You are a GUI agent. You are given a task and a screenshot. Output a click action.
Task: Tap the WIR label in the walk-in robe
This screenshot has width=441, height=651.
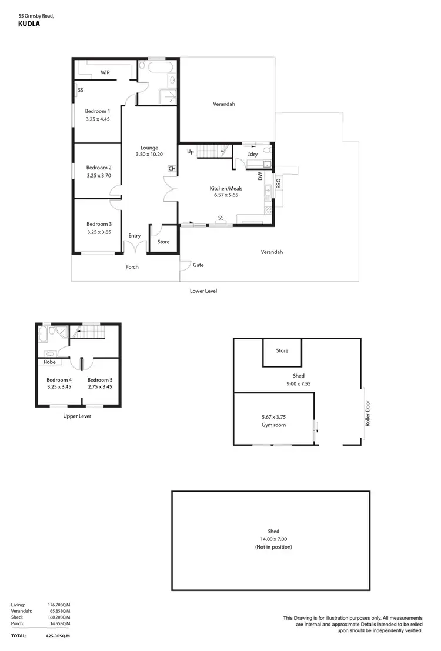(x=105, y=73)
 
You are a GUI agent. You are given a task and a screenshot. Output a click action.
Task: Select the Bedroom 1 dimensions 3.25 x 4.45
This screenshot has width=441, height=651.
(x=98, y=119)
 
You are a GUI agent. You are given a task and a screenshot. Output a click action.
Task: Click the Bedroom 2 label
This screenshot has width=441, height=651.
(x=99, y=168)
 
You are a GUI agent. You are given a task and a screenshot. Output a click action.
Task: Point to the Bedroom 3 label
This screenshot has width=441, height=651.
(x=99, y=224)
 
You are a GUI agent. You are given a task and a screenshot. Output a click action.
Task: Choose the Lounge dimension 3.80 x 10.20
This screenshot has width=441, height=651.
(x=149, y=154)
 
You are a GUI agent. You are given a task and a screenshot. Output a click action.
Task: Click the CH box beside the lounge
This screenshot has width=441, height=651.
(x=172, y=169)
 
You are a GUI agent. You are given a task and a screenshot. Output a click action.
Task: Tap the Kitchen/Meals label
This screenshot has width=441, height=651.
(x=226, y=189)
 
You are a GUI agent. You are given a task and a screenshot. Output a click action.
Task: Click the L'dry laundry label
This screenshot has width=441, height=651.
(x=252, y=154)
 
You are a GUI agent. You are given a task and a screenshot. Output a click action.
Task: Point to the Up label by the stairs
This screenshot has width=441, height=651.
(x=190, y=152)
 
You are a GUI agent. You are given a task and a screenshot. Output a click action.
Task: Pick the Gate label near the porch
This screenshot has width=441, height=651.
(x=198, y=265)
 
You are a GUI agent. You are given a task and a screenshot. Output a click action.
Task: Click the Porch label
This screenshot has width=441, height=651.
(x=132, y=267)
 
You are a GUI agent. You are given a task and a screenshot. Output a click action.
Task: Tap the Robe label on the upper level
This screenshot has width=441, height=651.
(x=49, y=362)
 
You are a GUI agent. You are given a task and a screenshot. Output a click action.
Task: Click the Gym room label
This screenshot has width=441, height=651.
(x=273, y=425)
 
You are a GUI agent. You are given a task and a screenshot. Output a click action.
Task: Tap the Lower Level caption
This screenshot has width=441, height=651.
(x=204, y=291)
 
